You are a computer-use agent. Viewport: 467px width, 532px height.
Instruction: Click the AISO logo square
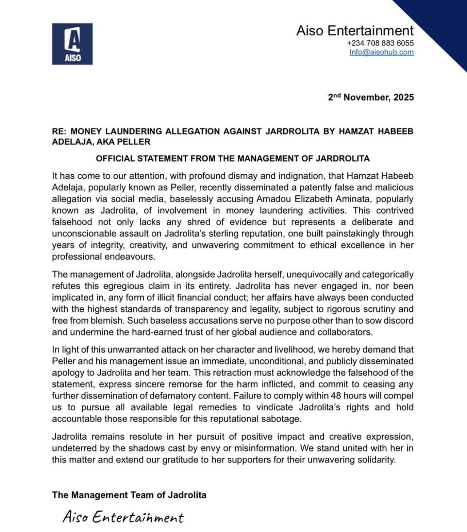click(x=72, y=44)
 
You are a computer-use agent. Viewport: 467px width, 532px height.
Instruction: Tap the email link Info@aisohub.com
click(x=381, y=52)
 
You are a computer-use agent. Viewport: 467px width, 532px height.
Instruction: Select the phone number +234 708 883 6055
click(x=380, y=43)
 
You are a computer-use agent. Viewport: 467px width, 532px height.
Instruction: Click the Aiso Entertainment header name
click(x=355, y=31)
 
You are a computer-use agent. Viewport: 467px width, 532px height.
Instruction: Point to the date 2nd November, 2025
click(x=371, y=97)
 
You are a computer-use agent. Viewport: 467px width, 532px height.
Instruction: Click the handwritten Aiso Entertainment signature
click(x=123, y=517)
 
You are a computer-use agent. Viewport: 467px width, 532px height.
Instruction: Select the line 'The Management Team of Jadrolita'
click(x=129, y=495)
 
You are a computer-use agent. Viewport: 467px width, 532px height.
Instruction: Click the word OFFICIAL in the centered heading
click(x=115, y=158)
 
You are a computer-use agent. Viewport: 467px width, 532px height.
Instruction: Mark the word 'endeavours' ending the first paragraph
click(x=134, y=257)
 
